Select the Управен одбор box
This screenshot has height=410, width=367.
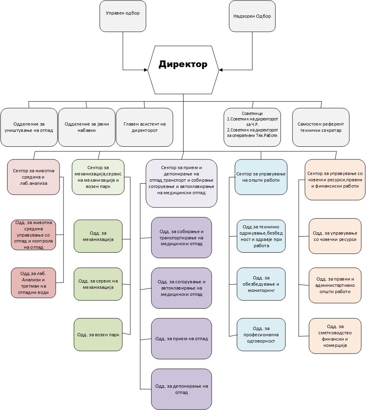pos(123,16)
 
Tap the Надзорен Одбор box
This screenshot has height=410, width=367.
pos(252,16)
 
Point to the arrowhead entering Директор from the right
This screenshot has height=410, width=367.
pos(221,70)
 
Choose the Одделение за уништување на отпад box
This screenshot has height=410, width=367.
pos(29,127)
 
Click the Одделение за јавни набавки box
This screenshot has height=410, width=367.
pos(87,127)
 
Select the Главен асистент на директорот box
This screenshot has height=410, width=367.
pos(144,127)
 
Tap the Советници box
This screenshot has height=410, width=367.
pos(253,127)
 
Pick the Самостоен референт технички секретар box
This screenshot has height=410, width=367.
pos(321,127)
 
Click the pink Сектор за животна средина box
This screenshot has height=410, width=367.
pos(33,177)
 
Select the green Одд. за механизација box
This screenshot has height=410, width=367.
pos(98,236)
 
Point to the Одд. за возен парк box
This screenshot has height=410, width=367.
pos(98,335)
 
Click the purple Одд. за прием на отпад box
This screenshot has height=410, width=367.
pos(182,339)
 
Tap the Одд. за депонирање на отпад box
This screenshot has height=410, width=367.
pos(182,389)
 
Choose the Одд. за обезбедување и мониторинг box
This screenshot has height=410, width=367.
pos(261,284)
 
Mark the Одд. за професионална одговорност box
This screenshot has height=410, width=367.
pos(261,335)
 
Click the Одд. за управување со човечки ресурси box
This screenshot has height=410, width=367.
pos(335,236)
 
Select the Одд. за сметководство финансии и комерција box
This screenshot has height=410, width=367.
pos(335,336)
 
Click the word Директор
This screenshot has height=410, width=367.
pos(183,64)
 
